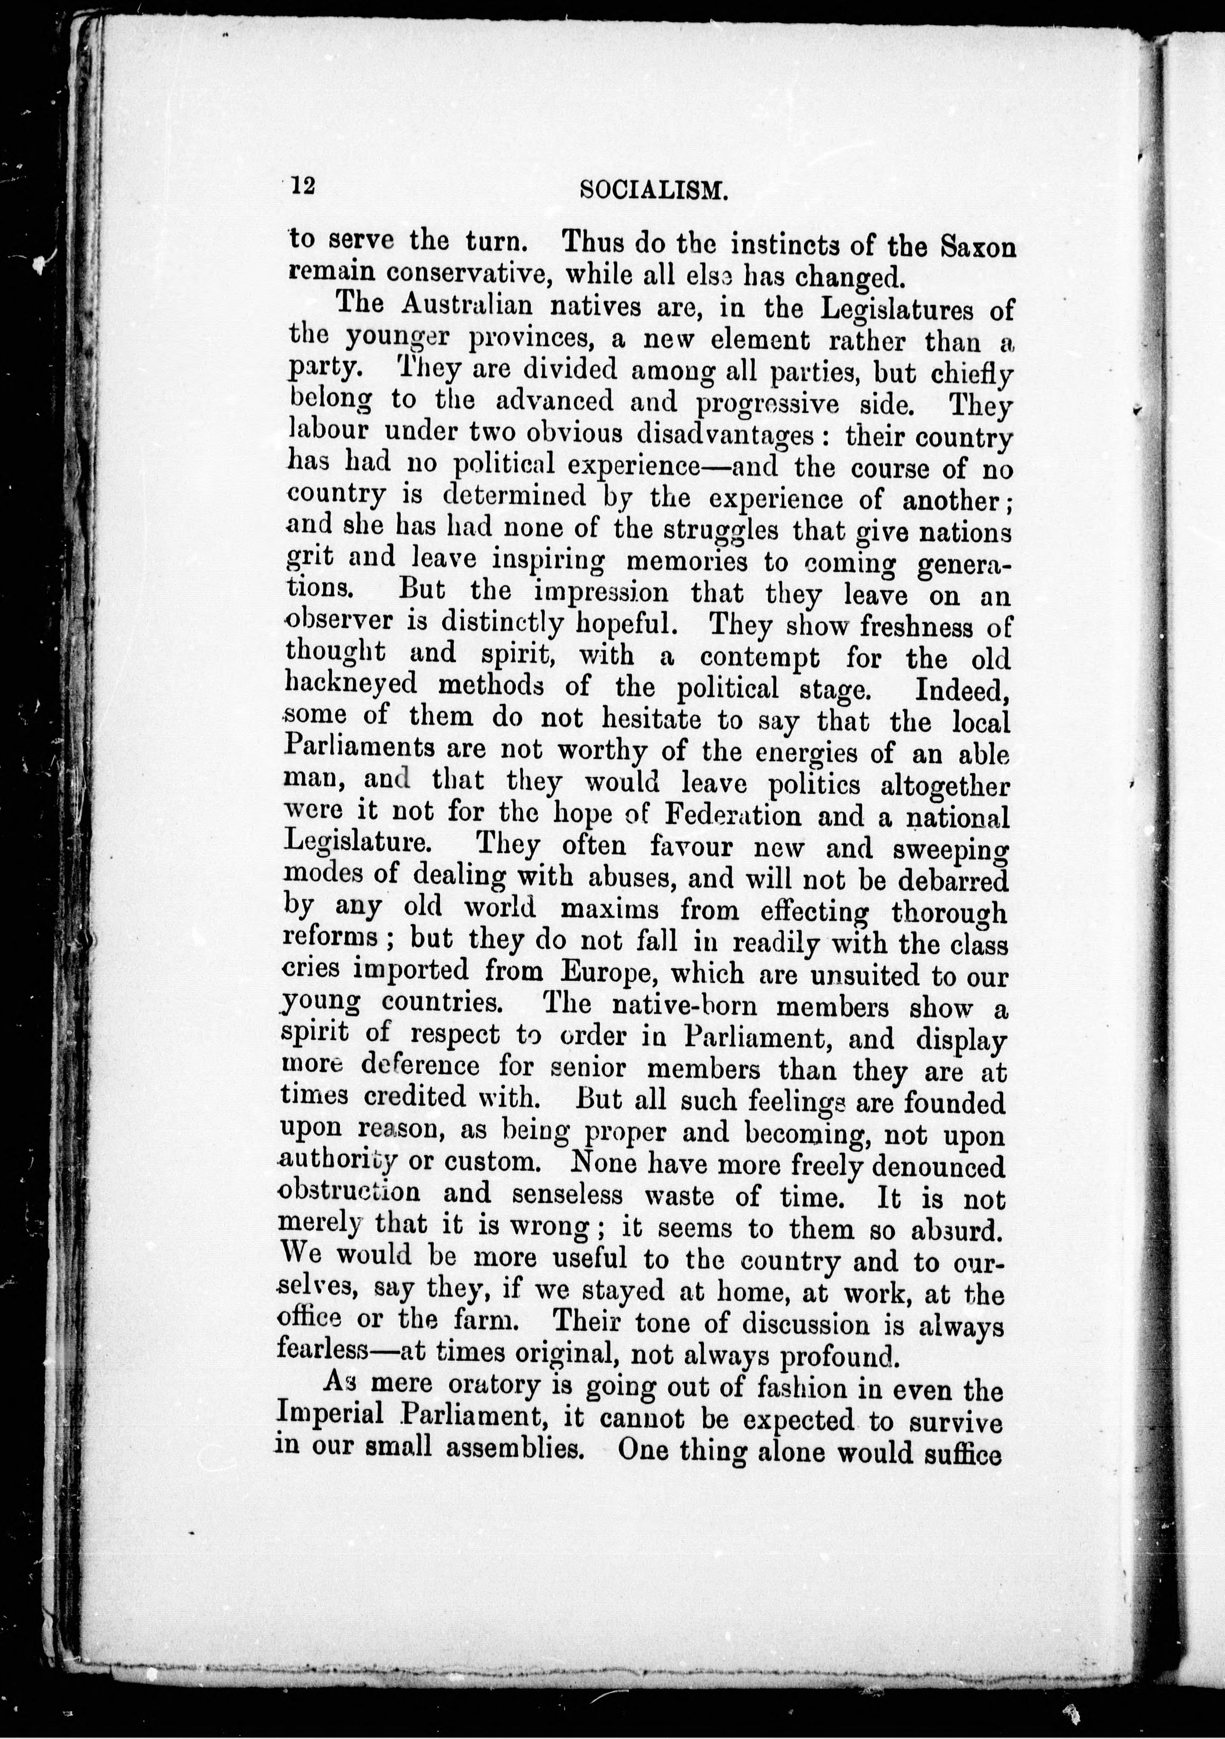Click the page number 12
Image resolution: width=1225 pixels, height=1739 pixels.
(x=302, y=186)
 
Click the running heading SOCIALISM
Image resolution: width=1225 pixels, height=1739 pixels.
(x=654, y=191)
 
